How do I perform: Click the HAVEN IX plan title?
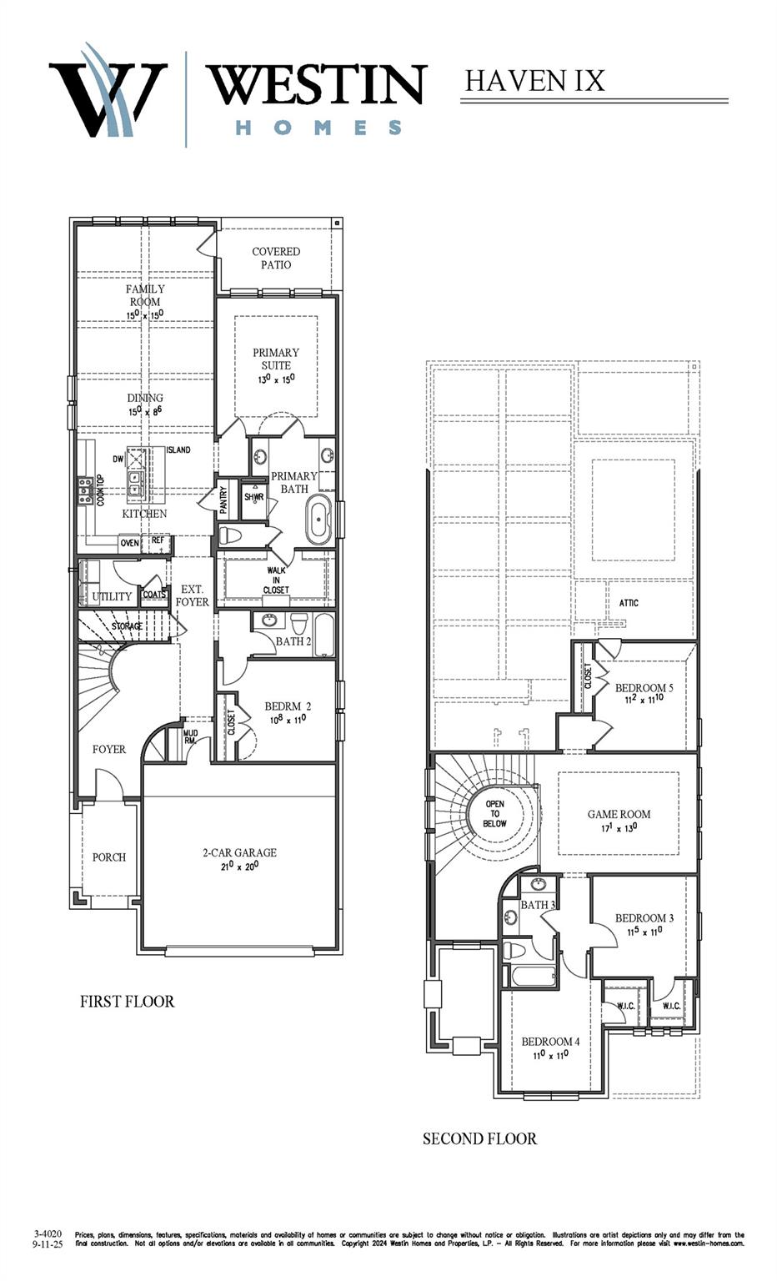pyautogui.click(x=534, y=81)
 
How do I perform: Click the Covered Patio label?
pyautogui.click(x=276, y=258)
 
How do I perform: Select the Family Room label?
pyautogui.click(x=145, y=295)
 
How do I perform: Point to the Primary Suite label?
pyautogui.click(x=276, y=359)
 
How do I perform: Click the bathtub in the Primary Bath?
pyautogui.click(x=318, y=520)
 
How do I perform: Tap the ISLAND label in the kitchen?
pyautogui.click(x=178, y=450)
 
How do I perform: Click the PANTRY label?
pyautogui.click(x=223, y=500)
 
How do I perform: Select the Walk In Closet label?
pyautogui.click(x=276, y=580)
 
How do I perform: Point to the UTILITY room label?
pyautogui.click(x=112, y=596)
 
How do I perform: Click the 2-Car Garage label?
pyautogui.click(x=239, y=852)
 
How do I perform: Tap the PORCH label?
pyautogui.click(x=109, y=857)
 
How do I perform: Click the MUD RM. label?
pyautogui.click(x=190, y=737)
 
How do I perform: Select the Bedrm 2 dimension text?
pyautogui.click(x=288, y=719)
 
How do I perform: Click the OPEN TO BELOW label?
pyautogui.click(x=494, y=814)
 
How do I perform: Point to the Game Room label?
pyautogui.click(x=619, y=814)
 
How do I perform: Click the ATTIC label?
pyautogui.click(x=629, y=603)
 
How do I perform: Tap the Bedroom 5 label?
pyautogui.click(x=644, y=688)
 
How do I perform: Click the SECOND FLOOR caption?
pyautogui.click(x=479, y=1138)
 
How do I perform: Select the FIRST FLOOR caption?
pyautogui.click(x=127, y=1002)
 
